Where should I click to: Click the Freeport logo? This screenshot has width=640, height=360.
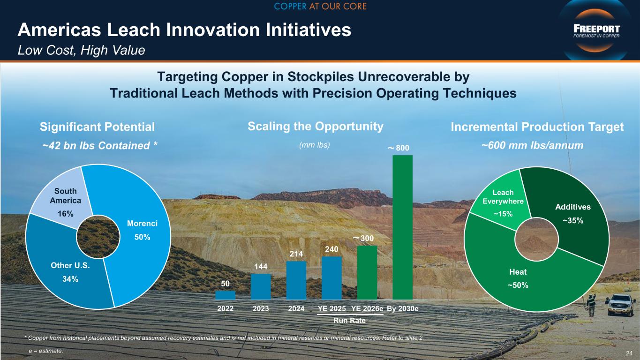(x=596, y=31)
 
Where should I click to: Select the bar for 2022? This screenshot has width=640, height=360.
(x=226, y=295)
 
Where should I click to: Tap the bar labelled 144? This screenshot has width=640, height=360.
(x=261, y=286)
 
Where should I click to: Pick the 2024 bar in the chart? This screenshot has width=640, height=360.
(x=296, y=280)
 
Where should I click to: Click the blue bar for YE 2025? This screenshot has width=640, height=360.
(x=331, y=278)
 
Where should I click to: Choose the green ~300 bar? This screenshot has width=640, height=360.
(x=367, y=272)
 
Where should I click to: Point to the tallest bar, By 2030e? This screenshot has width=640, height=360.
(x=403, y=227)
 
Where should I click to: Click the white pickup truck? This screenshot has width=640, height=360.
(x=622, y=305)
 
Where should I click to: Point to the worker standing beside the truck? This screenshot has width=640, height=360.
(x=591, y=305)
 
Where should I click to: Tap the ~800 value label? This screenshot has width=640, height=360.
(x=399, y=148)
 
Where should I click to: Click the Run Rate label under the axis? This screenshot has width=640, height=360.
(x=349, y=321)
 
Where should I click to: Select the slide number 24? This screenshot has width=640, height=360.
(x=629, y=353)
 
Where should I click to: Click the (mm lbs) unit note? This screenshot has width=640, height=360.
(x=314, y=145)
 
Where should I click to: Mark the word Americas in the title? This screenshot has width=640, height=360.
(x=60, y=30)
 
